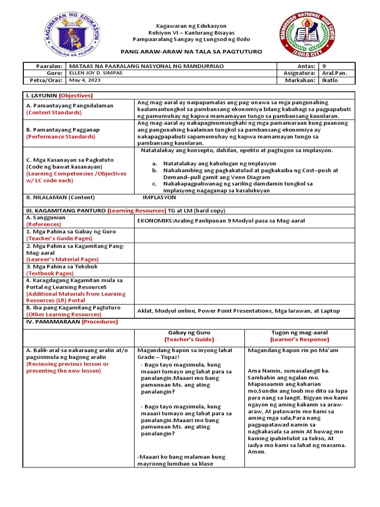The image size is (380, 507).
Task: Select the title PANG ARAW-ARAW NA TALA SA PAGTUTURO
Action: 191,51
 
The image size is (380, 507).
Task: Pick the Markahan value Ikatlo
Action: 330,80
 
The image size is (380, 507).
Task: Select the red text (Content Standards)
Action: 54,112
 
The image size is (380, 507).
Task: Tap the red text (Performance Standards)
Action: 60,136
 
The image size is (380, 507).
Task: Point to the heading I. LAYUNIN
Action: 41,96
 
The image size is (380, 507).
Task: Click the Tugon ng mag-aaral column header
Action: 299,332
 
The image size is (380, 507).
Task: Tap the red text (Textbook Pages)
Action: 50,273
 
